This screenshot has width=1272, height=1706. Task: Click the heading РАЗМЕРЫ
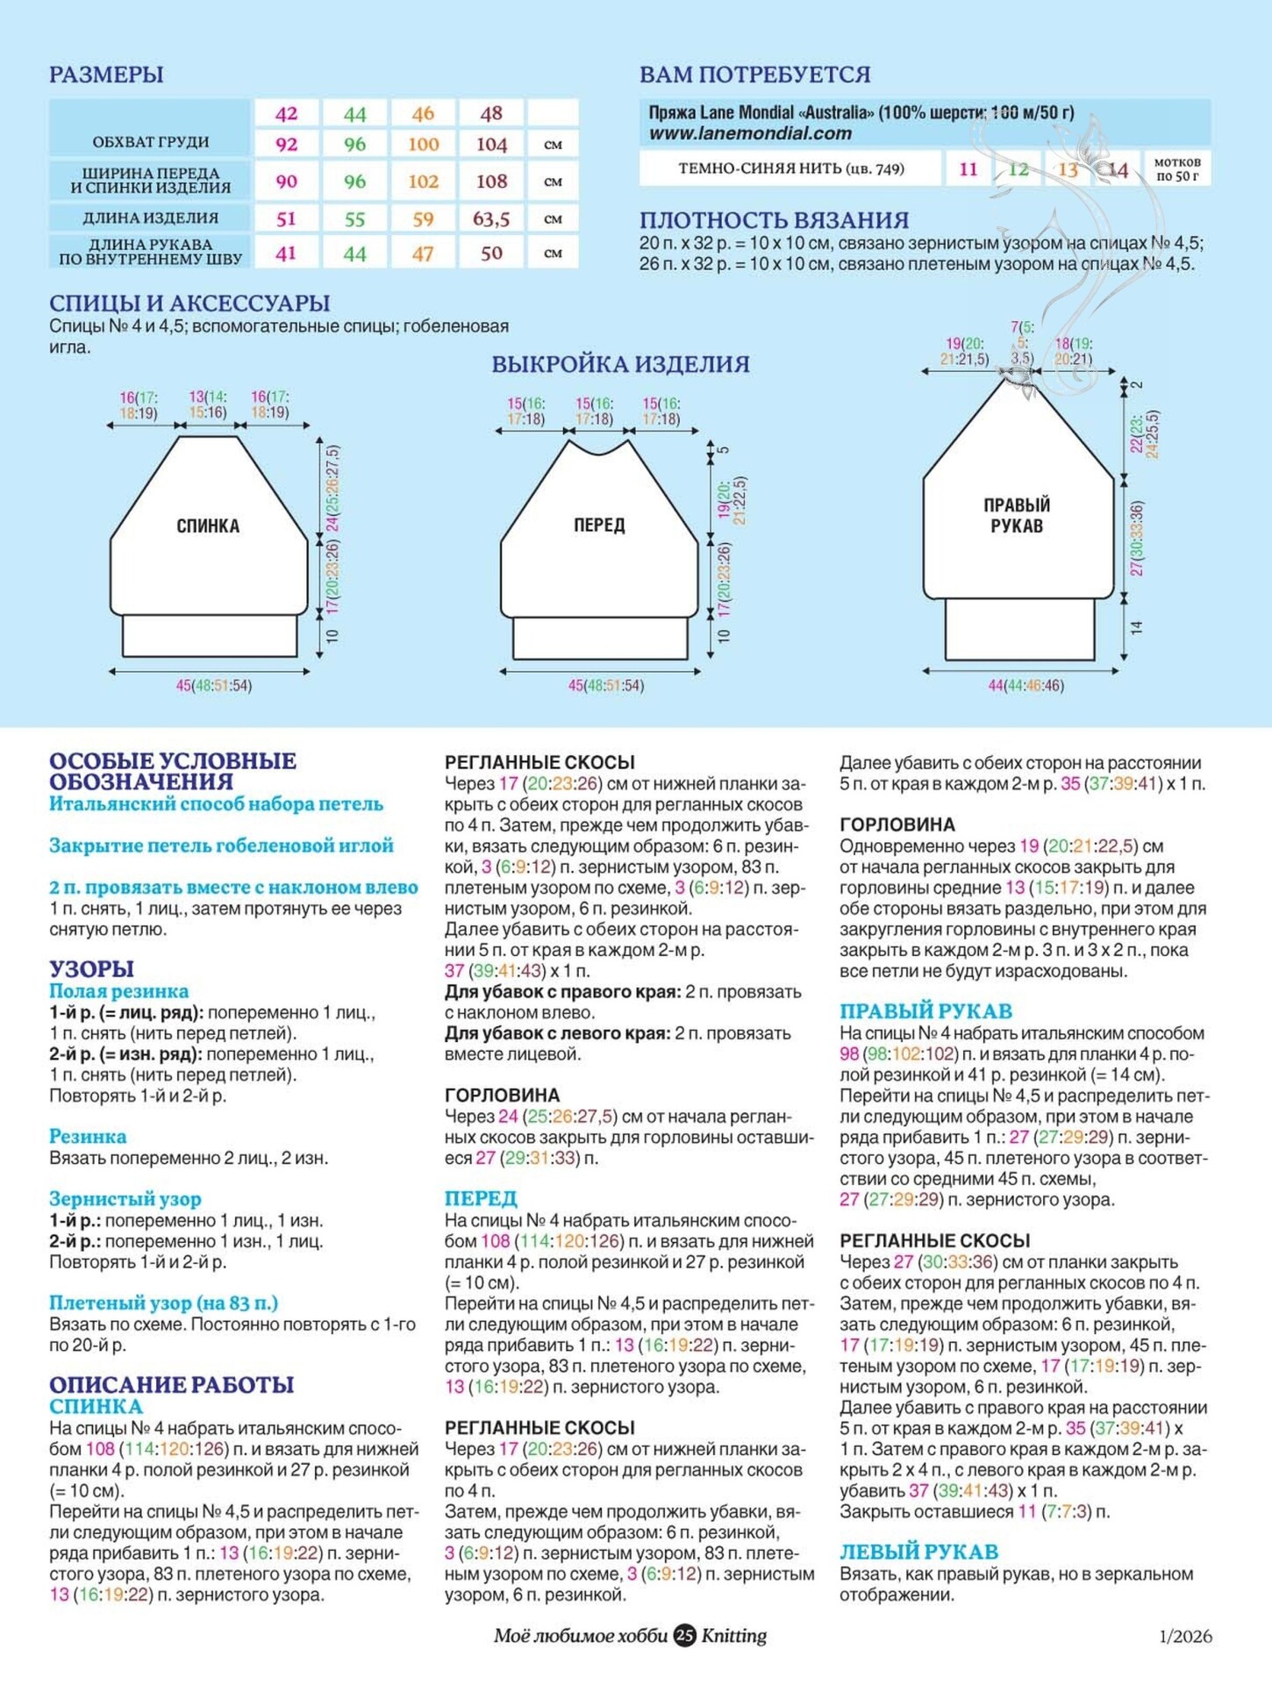point(106,75)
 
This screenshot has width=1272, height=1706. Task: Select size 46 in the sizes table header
point(423,113)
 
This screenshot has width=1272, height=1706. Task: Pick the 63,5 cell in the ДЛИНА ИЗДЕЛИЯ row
point(491,218)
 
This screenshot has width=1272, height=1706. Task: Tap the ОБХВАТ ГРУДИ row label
point(150,141)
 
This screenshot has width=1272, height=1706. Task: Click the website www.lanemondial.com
point(750,133)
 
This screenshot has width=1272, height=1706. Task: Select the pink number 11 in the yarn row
point(968,168)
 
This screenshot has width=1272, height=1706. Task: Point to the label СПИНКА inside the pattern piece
point(208,525)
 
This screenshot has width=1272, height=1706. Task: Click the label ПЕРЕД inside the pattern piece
point(599,525)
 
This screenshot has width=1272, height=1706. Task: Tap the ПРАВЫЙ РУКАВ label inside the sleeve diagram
point(1017,515)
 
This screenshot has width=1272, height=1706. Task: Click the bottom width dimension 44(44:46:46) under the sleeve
point(1025,685)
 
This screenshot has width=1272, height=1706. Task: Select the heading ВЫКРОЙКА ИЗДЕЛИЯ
point(620,364)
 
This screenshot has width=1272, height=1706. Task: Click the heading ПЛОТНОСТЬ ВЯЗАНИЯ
point(774,220)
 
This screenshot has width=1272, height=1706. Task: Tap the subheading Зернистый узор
point(125,1198)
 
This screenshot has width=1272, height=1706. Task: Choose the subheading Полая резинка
point(118,991)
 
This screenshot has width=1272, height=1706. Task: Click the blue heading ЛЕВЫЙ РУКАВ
point(918,1552)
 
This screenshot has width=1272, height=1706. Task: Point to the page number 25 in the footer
point(684,1635)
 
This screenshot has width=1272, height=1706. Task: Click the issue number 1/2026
point(1185,1636)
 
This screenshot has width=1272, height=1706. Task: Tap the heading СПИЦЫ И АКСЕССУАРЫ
point(189,303)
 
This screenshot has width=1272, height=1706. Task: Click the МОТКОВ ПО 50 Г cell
point(1176,168)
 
